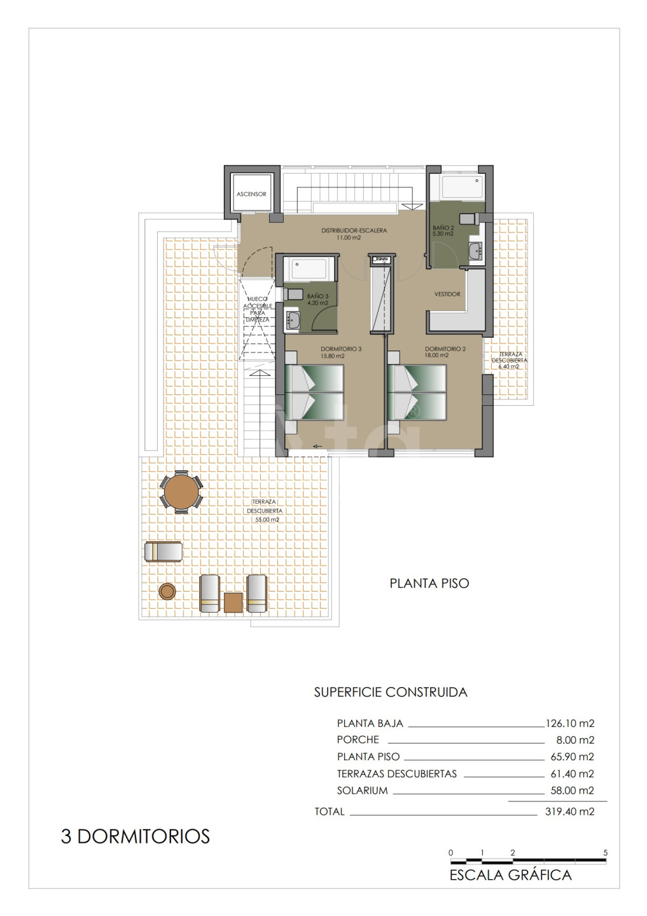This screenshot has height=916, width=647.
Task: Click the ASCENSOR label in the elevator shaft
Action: [x=251, y=194]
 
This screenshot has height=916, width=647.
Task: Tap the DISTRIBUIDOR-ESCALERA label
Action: [x=354, y=231]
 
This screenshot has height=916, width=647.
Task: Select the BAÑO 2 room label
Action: [x=443, y=228]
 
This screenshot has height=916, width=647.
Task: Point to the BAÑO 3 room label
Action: [x=318, y=296]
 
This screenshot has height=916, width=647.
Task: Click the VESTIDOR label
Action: [x=447, y=294]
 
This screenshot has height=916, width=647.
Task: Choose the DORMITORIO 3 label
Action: [x=341, y=349]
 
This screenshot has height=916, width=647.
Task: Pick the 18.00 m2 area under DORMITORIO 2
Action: [x=437, y=356]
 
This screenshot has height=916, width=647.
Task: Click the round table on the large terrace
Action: [x=181, y=492]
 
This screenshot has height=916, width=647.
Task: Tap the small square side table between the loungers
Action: [x=233, y=602]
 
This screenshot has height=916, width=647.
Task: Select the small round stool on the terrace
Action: [x=167, y=592]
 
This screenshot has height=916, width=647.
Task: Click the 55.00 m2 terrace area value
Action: [x=267, y=520]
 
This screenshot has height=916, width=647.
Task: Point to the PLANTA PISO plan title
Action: [x=429, y=583]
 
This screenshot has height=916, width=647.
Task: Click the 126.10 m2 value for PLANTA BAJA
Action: [x=570, y=723]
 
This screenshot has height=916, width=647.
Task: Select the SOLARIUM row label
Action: [x=362, y=791]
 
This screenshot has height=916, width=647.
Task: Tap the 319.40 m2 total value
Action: [x=570, y=812]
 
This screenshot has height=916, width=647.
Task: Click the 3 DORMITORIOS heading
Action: [x=136, y=836]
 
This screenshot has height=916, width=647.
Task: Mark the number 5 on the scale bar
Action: [x=605, y=852]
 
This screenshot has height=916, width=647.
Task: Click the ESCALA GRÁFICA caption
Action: [x=510, y=875]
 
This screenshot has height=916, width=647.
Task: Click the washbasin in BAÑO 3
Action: [x=293, y=319]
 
